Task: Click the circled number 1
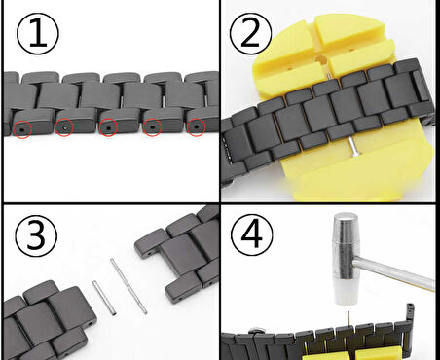click(x=37, y=34)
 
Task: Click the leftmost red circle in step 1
click(x=22, y=127)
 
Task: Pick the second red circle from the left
click(x=65, y=127)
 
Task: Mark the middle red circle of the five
click(x=108, y=126)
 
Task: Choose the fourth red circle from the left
click(x=153, y=126)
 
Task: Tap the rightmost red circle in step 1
click(x=196, y=126)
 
